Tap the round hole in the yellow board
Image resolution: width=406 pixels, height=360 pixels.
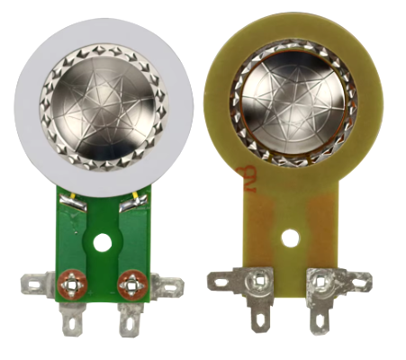(x=289, y=238)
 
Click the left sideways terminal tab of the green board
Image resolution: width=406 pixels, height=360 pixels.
(x=36, y=287)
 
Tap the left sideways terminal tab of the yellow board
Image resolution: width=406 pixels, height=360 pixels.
(x=221, y=283)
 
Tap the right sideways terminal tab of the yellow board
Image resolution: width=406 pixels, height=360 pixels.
(x=357, y=283)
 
